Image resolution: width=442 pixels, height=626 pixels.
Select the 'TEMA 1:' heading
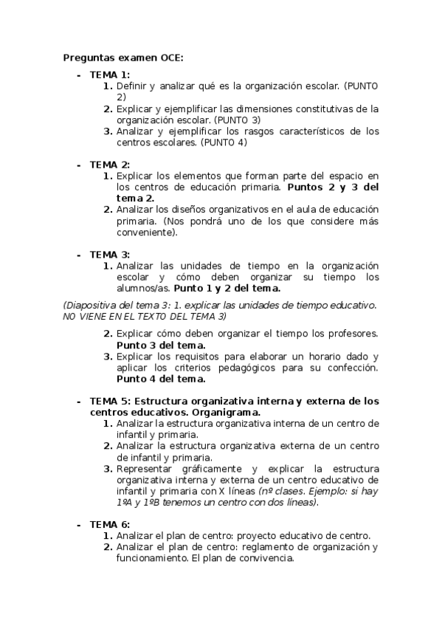110,75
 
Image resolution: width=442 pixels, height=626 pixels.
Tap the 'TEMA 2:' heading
110,164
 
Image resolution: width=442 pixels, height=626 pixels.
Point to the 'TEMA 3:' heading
110,255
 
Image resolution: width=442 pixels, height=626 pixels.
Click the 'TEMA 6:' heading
110,524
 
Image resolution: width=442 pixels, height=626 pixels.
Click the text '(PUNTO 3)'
237,120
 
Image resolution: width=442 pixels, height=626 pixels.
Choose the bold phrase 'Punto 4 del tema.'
161,379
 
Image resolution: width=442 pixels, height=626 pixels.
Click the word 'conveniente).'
148,232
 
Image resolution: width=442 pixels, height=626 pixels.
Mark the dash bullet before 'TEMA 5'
78,401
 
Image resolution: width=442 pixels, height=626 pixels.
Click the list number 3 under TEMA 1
107,131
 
